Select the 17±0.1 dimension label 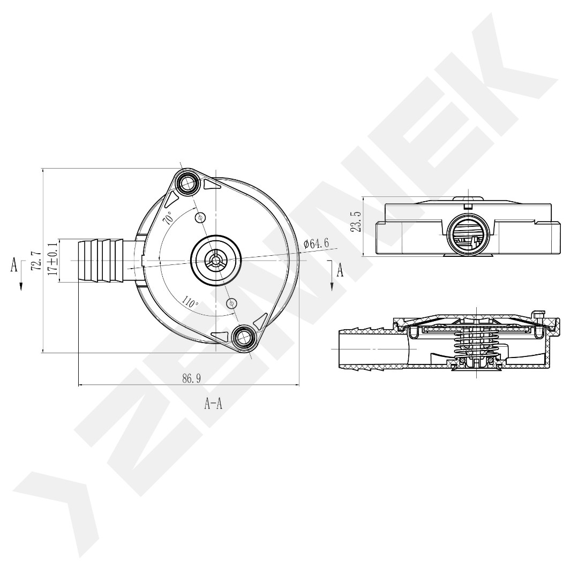point(52,260)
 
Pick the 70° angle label point(168,217)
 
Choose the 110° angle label point(190,301)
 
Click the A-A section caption point(213,404)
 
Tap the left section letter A point(14,264)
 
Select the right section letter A point(340,270)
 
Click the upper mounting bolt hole point(188,184)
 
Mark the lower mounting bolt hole point(244,337)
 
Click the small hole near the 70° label point(201,217)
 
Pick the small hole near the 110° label point(231,303)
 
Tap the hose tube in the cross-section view point(370,349)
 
